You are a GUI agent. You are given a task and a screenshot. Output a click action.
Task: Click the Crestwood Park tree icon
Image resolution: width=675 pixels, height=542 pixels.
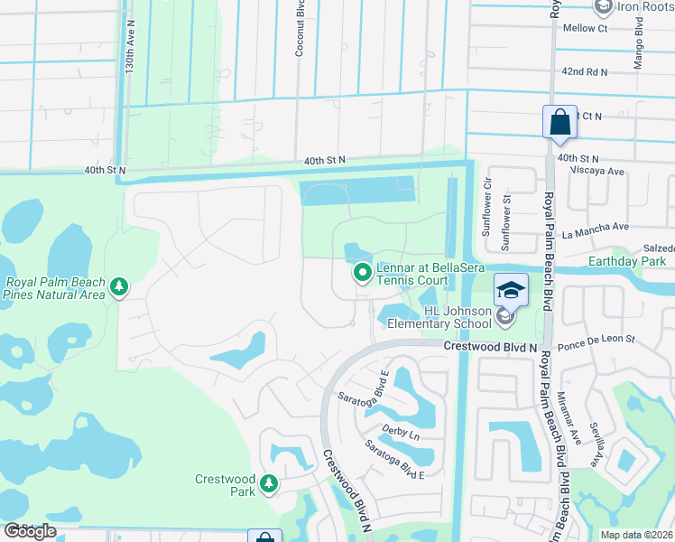(x=268, y=484)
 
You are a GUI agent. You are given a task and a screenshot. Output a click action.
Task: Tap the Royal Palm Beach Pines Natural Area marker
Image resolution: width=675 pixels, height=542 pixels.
(x=119, y=287)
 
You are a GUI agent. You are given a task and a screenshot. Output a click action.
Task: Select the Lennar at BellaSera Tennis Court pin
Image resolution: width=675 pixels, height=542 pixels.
(x=362, y=271)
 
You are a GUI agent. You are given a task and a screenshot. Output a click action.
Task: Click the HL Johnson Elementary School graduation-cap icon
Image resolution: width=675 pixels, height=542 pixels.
(x=511, y=289)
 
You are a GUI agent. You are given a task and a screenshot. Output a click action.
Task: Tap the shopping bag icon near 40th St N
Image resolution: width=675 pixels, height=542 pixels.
(x=559, y=122)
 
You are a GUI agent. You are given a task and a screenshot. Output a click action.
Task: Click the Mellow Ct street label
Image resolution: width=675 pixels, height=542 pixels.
(x=585, y=29)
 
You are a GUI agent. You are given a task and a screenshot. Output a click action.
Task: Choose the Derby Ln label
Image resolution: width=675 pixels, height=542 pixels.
(x=402, y=435)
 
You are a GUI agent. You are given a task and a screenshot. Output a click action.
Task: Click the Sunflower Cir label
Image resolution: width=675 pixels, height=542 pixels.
(x=486, y=214)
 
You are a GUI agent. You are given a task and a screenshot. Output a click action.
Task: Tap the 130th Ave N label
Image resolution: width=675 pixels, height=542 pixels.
(x=131, y=62)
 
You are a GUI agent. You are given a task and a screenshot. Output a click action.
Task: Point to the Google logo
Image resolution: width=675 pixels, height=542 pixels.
(x=30, y=531)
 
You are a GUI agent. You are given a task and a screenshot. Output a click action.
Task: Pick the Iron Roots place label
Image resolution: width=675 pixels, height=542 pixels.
(x=643, y=6)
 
